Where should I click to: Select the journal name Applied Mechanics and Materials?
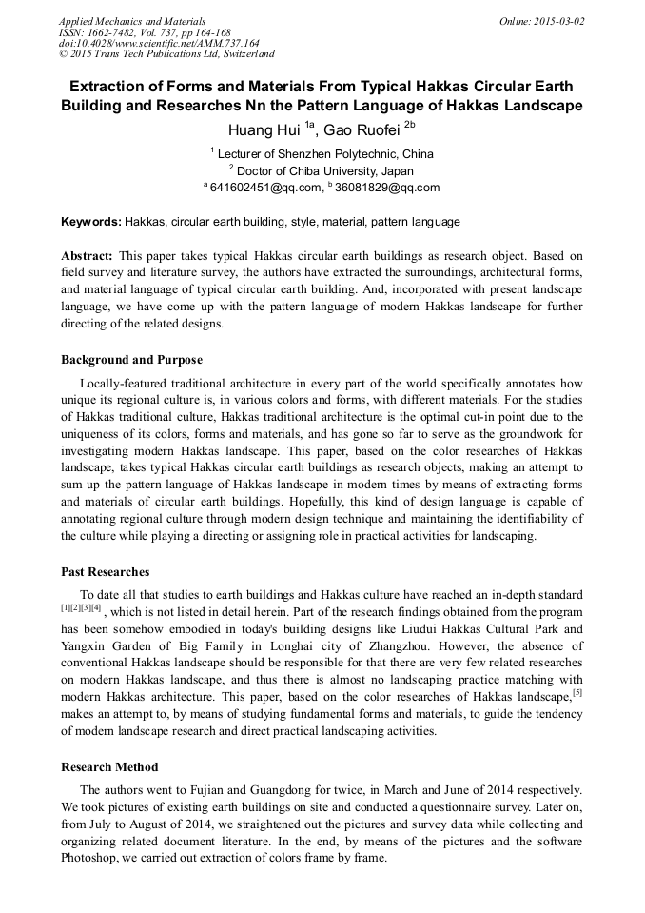(x=132, y=21)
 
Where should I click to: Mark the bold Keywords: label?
(x=91, y=222)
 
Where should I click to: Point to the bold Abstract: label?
(x=88, y=256)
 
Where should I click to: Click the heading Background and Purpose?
(x=131, y=360)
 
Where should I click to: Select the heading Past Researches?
(x=106, y=572)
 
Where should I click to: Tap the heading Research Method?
(x=109, y=766)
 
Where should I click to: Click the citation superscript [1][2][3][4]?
(x=81, y=608)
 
